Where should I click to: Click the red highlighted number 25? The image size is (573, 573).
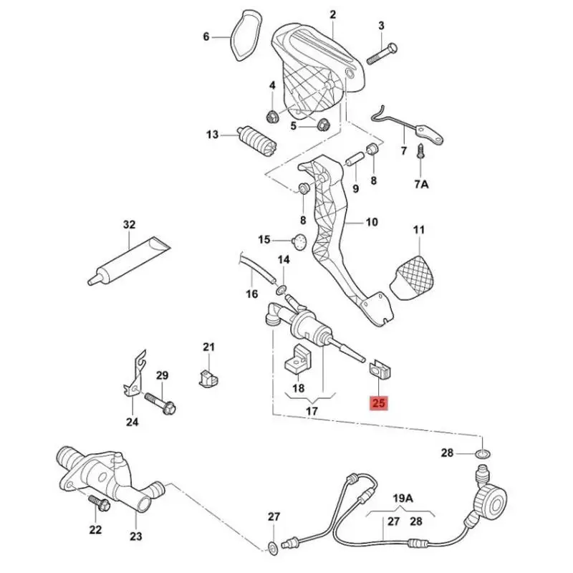coord(378,404)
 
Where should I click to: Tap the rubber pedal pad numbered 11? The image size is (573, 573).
coord(414,275)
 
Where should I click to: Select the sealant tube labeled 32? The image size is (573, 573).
coord(129,257)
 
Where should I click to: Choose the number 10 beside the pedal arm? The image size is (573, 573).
coord(372,222)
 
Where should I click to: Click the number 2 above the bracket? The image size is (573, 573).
coord(332,14)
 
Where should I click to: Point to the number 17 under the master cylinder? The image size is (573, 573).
coord(311,412)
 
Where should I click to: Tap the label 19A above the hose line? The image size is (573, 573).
coord(403,498)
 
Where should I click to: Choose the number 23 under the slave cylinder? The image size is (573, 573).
coord(136,536)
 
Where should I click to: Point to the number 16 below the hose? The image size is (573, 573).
coord(251,294)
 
